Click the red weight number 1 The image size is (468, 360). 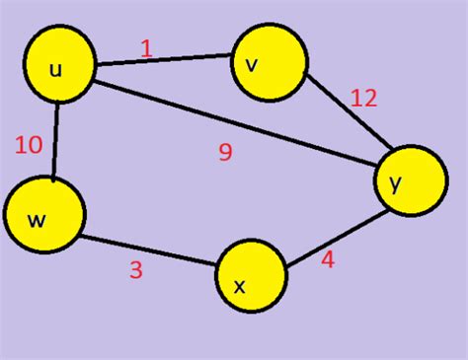[147, 46]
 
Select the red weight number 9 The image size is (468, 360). [225, 152]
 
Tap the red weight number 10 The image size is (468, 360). [29, 145]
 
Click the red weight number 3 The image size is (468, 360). [135, 269]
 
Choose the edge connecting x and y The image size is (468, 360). [332, 238]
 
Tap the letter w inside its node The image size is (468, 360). [37, 220]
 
